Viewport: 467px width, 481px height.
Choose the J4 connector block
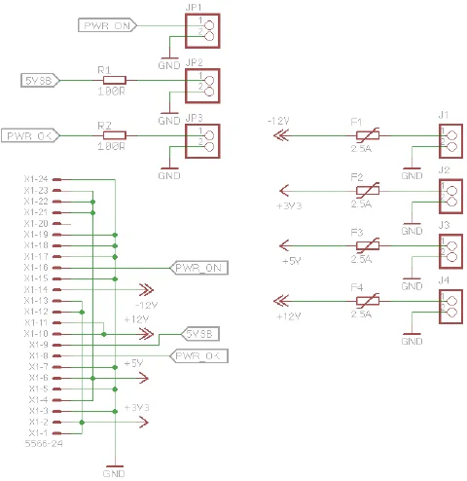click(x=448, y=303)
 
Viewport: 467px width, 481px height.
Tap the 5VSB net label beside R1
click(x=40, y=81)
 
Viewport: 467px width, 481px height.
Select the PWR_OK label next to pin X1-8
click(x=200, y=357)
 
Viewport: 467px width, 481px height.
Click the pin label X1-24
click(x=38, y=180)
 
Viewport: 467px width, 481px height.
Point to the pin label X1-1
click(x=38, y=433)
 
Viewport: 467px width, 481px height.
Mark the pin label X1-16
click(x=38, y=267)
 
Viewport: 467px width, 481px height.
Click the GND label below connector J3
click(x=412, y=286)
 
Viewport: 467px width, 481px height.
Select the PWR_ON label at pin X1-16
click(x=200, y=267)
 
